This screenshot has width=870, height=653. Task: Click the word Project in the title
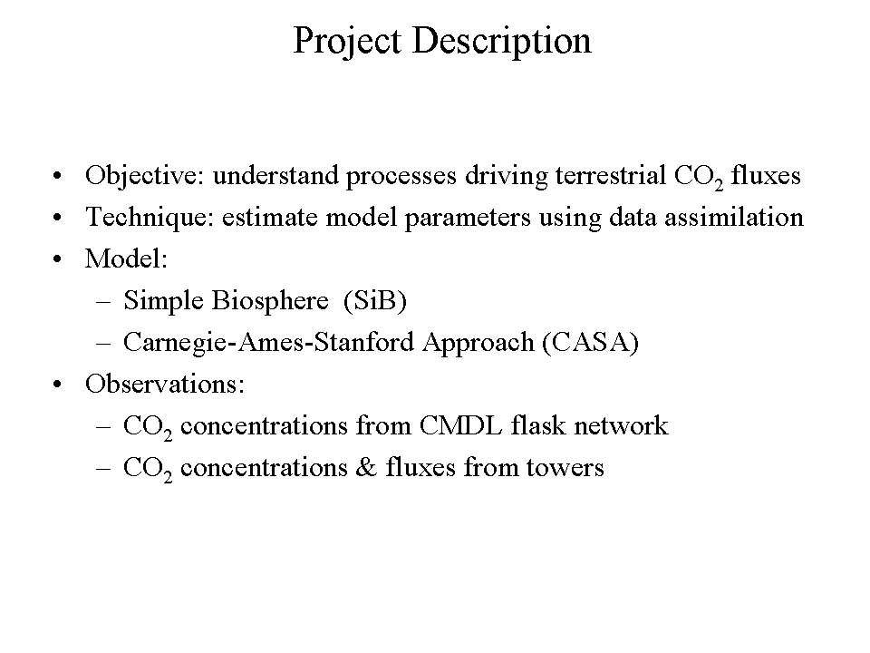[347, 42]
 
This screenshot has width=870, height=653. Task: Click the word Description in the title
[501, 42]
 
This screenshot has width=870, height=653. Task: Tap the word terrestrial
[610, 175]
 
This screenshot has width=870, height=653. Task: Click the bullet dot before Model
[57, 259]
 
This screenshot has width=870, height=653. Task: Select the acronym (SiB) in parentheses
[375, 301]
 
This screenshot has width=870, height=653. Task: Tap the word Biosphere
[270, 301]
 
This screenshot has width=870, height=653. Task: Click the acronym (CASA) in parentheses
[590, 343]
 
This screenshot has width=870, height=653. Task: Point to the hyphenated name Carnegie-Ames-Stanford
[268, 343]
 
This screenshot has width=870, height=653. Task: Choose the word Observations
[165, 385]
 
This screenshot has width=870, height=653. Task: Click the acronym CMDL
[460, 426]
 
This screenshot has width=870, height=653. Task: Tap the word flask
[538, 426]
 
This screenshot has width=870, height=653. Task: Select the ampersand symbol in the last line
[366, 468]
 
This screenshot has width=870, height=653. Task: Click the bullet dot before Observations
[57, 385]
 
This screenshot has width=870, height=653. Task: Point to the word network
[621, 426]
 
